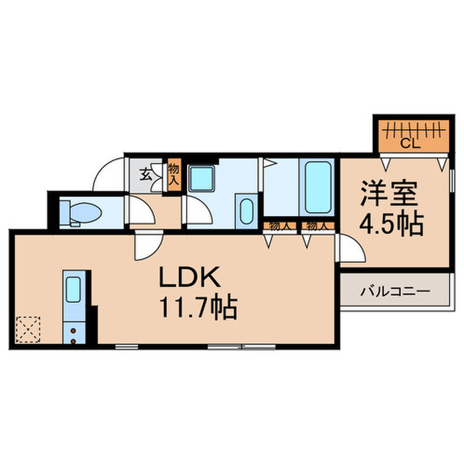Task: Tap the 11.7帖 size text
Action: click(x=198, y=308)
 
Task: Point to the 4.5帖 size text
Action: click(x=392, y=225)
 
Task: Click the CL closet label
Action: click(x=408, y=142)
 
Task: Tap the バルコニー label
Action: click(x=396, y=291)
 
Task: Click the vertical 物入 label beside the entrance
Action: click(x=173, y=175)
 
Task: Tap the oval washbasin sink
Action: click(x=245, y=212)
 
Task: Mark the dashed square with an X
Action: click(x=28, y=329)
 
